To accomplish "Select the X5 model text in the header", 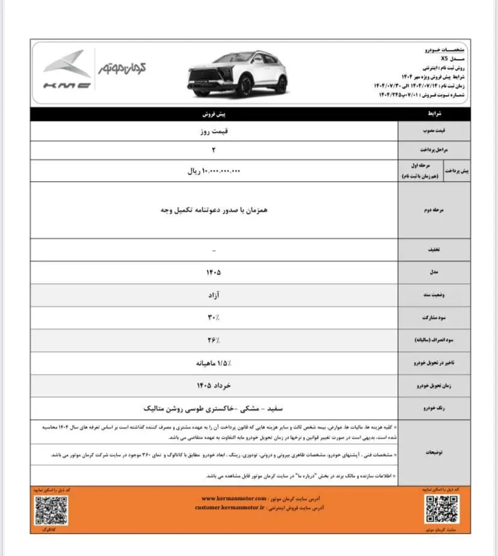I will [x=443, y=59].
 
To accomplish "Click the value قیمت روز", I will [x=215, y=130].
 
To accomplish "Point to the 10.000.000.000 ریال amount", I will [x=214, y=171].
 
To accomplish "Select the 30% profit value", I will [x=214, y=317].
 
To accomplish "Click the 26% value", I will [x=214, y=340].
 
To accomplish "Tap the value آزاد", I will [x=214, y=295].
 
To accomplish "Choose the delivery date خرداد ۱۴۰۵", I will [x=214, y=385].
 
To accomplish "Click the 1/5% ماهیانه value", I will [x=214, y=363].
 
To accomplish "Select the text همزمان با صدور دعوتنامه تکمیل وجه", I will [x=214, y=211].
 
